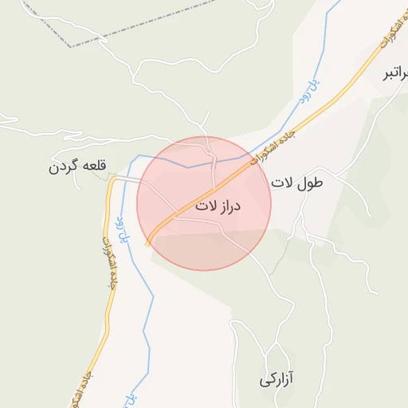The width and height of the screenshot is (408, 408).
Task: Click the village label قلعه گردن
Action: [x=77, y=167]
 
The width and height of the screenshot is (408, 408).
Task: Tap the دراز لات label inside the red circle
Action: [x=217, y=206]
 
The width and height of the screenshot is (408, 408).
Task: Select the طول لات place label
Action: [x=298, y=183]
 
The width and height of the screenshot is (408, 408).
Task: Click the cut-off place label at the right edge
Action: [x=396, y=75]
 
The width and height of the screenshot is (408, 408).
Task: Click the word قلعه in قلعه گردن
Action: [x=92, y=167]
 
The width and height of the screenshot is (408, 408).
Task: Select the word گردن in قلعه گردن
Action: [x=64, y=167]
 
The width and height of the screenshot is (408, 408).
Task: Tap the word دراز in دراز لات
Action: [x=228, y=206]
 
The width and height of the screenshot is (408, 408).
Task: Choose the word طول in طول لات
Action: [x=311, y=183]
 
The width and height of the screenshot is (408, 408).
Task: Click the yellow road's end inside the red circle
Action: [x=147, y=244]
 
